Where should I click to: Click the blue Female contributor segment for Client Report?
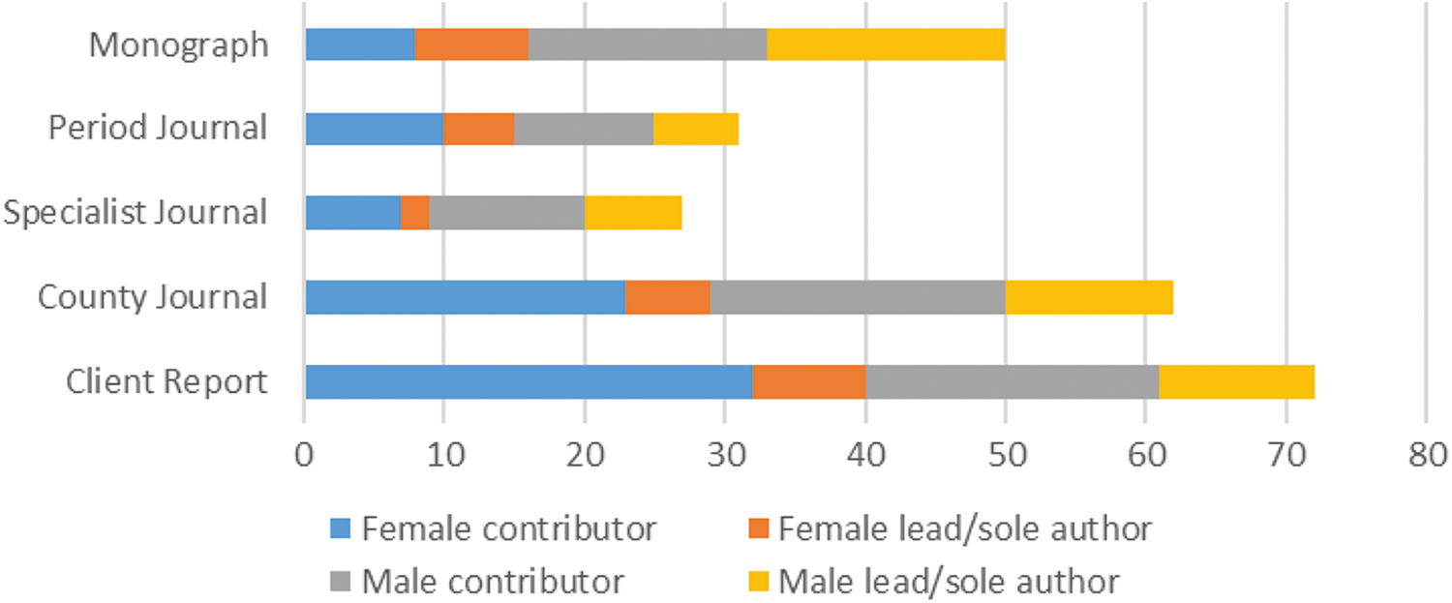[529, 381]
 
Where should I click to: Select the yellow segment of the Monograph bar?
[886, 45]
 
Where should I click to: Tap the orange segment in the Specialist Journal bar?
[414, 213]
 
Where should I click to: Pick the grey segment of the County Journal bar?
[858, 297]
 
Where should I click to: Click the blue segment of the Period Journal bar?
[374, 129]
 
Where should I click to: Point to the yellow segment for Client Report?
[1236, 381]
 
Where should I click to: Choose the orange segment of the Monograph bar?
[471, 45]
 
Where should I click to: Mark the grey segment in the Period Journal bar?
[583, 129]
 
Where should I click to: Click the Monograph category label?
[178, 45]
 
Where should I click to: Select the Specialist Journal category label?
[135, 213]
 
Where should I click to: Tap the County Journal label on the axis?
[152, 297]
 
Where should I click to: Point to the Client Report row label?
[166, 381]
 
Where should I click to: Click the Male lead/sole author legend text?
[950, 582]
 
